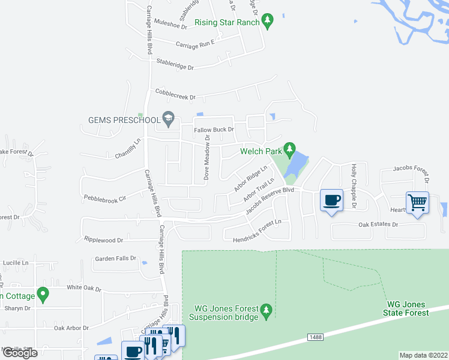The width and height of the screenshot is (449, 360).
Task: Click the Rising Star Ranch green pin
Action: coord(268,22)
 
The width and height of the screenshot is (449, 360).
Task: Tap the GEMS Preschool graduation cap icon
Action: coord(169,119)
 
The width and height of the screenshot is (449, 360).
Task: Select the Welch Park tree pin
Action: coord(290,148)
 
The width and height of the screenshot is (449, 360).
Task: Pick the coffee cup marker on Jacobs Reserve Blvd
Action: coord(331,200)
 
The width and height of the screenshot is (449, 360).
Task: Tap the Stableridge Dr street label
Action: coord(175,64)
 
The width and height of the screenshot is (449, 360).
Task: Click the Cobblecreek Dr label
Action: coord(175,94)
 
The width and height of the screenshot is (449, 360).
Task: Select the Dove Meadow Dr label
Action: coord(206,157)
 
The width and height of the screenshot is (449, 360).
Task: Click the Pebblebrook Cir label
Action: coord(105,197)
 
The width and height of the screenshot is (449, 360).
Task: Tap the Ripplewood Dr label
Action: coord(103,240)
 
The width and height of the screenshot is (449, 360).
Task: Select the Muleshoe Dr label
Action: coord(171,24)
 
